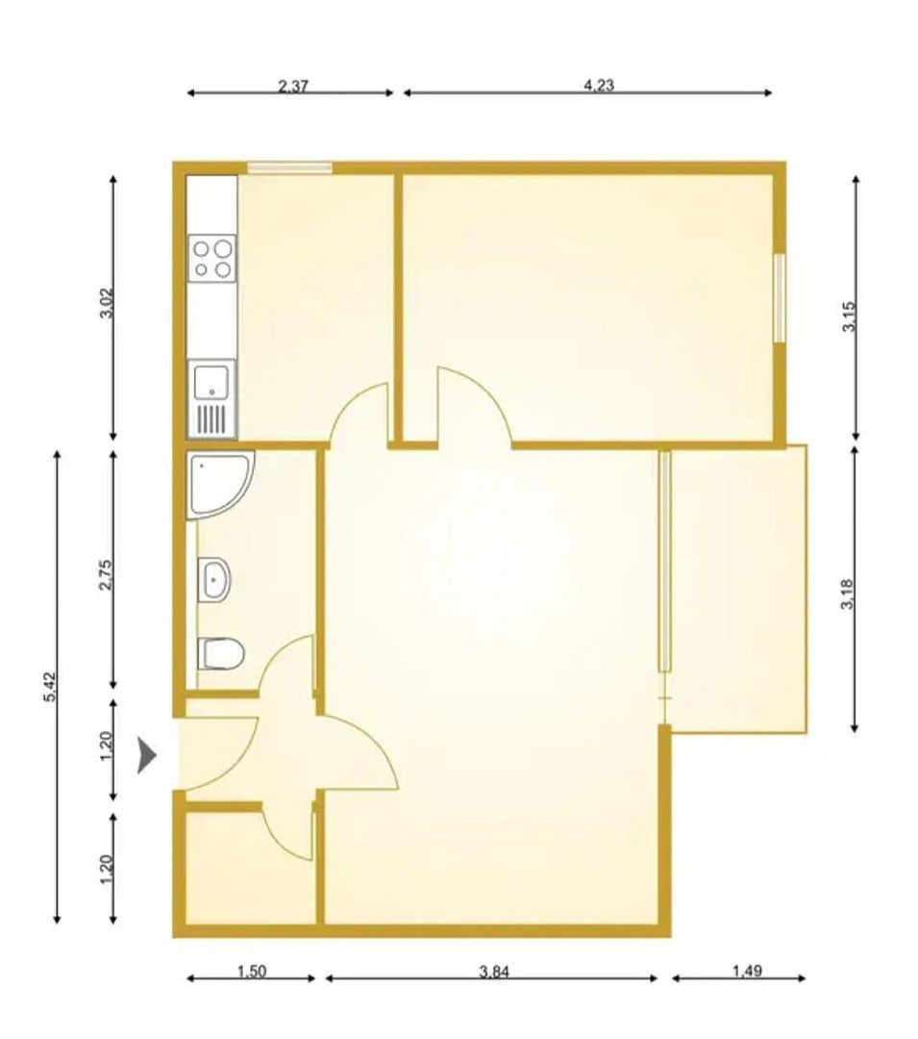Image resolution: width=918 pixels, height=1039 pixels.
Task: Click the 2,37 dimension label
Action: pos(292,87)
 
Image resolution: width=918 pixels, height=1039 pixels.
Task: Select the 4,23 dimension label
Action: pos(598,86)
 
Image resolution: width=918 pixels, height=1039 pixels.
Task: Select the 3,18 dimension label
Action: pos(848,596)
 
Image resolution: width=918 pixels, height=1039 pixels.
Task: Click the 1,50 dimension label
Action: pos(252,972)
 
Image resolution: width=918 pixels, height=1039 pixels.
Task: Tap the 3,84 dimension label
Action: pos(494,972)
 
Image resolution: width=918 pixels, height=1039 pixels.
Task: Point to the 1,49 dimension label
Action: pos(747,971)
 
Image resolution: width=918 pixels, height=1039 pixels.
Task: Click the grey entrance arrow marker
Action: pos(146,755)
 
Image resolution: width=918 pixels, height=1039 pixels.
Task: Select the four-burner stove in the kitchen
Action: pos(211,259)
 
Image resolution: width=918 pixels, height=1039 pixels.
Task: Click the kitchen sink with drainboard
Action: pos(211,399)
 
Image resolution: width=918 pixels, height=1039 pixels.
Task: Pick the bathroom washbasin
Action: pos(213,579)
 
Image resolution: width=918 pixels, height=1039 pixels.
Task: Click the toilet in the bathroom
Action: pos(221,654)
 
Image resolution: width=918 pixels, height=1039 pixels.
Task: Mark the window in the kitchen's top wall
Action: pos(289,167)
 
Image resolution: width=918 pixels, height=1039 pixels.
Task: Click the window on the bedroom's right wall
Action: pos(780,298)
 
